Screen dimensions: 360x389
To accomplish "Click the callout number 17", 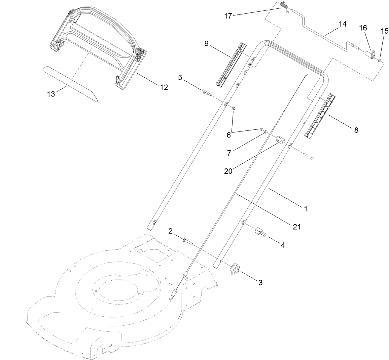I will tap(228, 16).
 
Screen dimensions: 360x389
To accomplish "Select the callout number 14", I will tap(342, 24).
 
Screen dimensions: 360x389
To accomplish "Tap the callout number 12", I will tap(164, 87).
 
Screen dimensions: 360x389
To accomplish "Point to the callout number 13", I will tap(51, 94).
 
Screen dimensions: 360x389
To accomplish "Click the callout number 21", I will tap(296, 227).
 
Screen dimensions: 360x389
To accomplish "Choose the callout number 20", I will tap(228, 170).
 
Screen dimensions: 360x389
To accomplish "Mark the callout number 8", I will tap(356, 130).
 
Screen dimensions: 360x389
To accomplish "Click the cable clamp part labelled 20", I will tap(280, 139).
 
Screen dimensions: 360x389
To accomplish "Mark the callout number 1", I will tap(306, 208).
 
